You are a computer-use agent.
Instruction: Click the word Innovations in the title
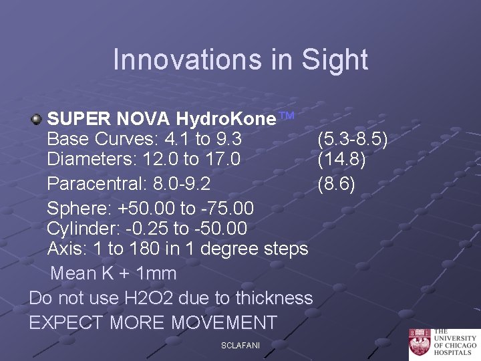(x=180, y=59)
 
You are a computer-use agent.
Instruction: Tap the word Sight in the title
(x=335, y=59)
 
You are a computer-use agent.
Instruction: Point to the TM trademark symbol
(x=286, y=116)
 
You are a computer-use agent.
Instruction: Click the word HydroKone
(x=226, y=120)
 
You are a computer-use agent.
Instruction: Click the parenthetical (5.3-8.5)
(x=352, y=140)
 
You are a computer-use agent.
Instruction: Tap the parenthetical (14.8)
(x=341, y=160)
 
